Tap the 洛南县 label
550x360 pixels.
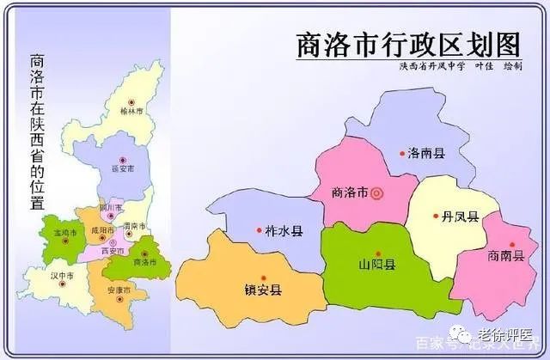(426, 153)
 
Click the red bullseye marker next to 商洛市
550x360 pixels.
(375, 192)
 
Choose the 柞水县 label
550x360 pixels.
(284, 231)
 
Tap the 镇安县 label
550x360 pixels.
(263, 290)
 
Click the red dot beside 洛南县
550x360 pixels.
(401, 153)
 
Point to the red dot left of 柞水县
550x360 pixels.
(259, 230)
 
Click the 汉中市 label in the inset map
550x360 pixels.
(64, 276)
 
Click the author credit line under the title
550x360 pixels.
(459, 65)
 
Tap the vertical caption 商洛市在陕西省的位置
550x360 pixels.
(38, 133)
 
